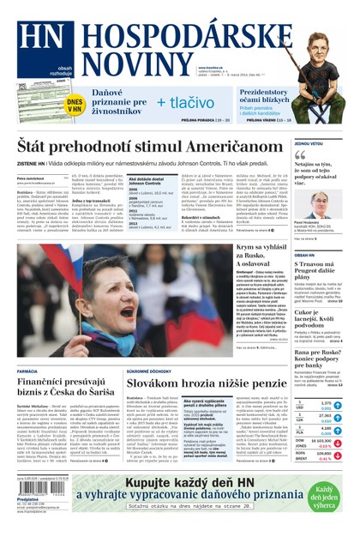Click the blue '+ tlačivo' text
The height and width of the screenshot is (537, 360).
[184, 103]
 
